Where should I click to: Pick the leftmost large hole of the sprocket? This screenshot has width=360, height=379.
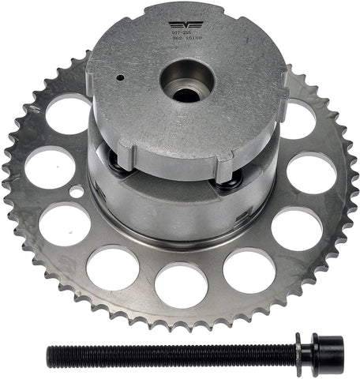coord(50,168)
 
